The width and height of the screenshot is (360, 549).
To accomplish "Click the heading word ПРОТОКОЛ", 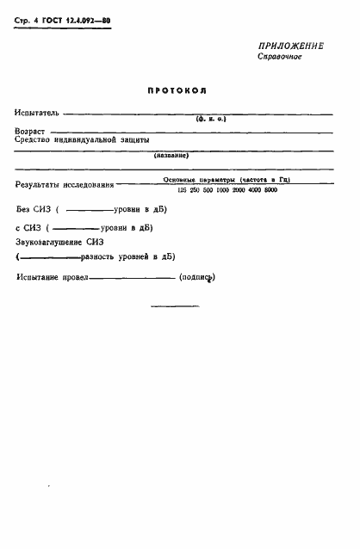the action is [x=179, y=90].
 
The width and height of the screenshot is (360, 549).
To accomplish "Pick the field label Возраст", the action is [x=31, y=131].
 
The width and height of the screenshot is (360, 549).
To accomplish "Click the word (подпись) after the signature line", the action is [x=196, y=277].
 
